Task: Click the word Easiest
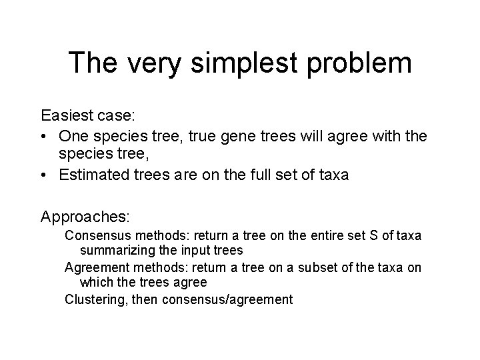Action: click(67, 116)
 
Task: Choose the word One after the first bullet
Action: click(72, 137)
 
